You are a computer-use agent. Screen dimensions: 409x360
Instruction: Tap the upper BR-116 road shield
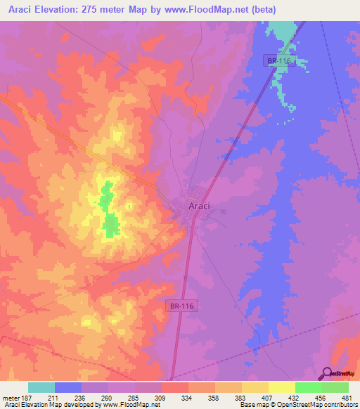point(278,61)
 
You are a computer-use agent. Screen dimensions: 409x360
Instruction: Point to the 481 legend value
point(347,398)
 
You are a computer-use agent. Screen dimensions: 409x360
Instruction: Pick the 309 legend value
point(161,398)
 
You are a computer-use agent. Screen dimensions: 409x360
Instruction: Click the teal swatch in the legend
point(41,387)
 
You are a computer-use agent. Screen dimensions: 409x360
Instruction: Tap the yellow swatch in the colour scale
point(281,387)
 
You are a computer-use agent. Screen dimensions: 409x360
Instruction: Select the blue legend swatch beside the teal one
point(68,387)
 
